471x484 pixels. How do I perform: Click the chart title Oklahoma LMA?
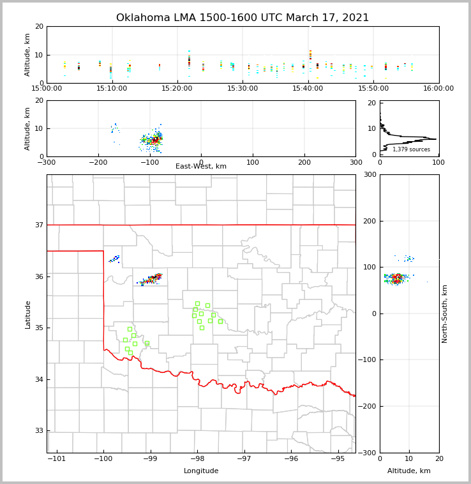pyautogui.click(x=243, y=18)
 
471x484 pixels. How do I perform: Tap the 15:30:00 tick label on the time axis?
pyautogui.click(x=243, y=88)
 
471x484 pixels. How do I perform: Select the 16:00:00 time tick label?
pyautogui.click(x=439, y=88)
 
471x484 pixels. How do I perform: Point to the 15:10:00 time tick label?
pyautogui.click(x=112, y=88)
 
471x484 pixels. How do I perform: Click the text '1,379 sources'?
pyautogui.click(x=411, y=149)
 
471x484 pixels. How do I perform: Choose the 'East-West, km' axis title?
pyautogui.click(x=201, y=167)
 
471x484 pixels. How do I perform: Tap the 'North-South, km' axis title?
pyautogui.click(x=445, y=314)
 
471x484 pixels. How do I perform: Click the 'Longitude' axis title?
pyautogui.click(x=201, y=471)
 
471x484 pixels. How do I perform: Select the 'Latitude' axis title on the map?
pyautogui.click(x=27, y=314)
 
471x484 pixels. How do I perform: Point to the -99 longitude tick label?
pyautogui.click(x=149, y=458)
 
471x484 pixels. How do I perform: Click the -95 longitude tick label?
pyautogui.click(x=338, y=458)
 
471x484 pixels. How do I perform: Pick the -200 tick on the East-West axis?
pyautogui.click(x=98, y=162)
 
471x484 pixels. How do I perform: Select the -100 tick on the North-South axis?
pyautogui.click(x=366, y=360)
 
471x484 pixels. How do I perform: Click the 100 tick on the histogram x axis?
pyautogui.click(x=438, y=162)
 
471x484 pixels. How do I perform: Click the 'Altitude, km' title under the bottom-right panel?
pyautogui.click(x=409, y=471)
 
